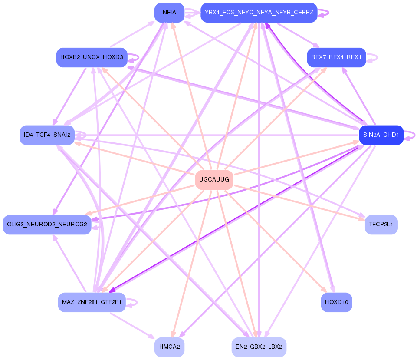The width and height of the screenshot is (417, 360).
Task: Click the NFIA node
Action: (x=169, y=13)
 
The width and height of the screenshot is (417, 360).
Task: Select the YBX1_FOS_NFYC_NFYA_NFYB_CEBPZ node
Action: (x=259, y=13)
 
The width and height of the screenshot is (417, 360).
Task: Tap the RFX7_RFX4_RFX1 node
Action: (x=336, y=57)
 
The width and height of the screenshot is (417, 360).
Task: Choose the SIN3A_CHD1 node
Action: (x=381, y=135)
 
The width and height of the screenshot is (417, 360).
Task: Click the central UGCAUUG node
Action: (x=214, y=180)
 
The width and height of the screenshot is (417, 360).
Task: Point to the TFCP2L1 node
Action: (x=381, y=225)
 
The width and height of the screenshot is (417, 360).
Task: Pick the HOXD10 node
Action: (x=336, y=302)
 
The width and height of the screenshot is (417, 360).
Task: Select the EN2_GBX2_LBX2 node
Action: (x=259, y=347)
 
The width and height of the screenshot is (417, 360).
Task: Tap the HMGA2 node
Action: (x=169, y=347)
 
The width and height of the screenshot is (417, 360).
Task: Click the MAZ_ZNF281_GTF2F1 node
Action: (x=92, y=302)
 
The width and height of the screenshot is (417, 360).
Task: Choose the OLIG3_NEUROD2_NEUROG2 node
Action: (x=47, y=225)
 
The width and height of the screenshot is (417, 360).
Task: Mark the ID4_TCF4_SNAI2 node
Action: (x=47, y=135)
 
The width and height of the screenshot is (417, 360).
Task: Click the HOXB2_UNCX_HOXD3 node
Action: (x=92, y=57)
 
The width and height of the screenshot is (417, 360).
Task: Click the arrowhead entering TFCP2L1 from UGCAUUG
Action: (x=361, y=219)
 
